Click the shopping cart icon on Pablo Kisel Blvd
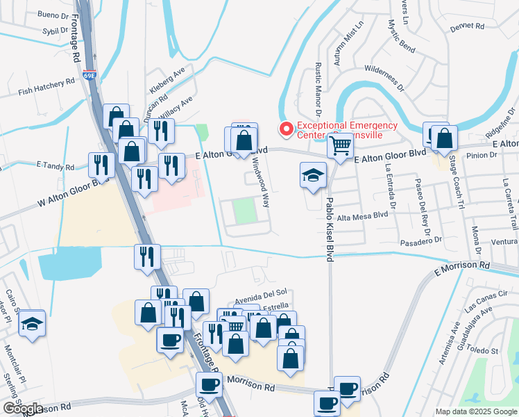340,147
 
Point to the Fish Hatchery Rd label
46,85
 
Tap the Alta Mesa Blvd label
368,215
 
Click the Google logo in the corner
23,409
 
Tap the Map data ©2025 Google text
475,411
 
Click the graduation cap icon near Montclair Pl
32,323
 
